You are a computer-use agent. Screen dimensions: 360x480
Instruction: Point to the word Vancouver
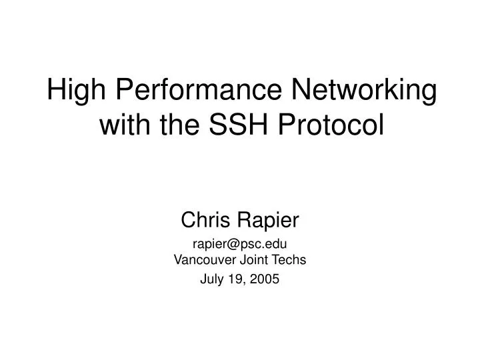click(x=204, y=260)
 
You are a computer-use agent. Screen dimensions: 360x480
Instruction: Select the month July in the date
click(x=212, y=281)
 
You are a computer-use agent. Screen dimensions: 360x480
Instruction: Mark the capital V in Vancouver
click(x=177, y=260)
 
